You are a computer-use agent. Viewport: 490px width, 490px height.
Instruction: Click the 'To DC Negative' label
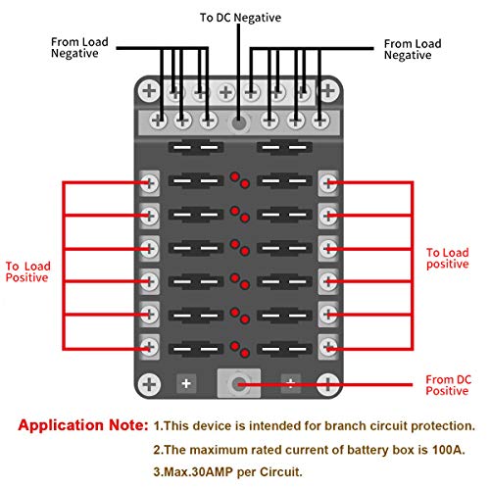click(240, 18)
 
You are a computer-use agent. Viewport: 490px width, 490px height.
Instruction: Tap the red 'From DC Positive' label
click(448, 385)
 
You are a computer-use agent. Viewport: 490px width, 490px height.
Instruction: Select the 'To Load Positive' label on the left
click(27, 271)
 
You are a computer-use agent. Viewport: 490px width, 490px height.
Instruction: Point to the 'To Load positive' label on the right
click(448, 258)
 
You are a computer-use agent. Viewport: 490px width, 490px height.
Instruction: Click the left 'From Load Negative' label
click(79, 48)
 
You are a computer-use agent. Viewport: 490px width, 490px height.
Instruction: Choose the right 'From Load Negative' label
click(413, 49)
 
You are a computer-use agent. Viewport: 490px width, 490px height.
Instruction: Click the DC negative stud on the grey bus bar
click(239, 122)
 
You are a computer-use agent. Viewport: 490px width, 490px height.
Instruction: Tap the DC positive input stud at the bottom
click(239, 383)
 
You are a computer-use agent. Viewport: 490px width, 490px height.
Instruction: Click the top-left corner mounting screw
click(149, 90)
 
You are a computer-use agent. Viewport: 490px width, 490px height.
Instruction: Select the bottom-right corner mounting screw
click(328, 384)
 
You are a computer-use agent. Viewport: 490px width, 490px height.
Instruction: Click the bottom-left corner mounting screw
click(149, 384)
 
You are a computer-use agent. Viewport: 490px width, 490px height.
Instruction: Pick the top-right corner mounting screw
click(328, 90)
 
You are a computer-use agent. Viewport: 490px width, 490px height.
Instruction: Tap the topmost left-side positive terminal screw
click(149, 183)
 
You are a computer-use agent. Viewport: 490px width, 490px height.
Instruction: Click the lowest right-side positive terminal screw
click(328, 347)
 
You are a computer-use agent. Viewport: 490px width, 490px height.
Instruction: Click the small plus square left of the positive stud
click(186, 383)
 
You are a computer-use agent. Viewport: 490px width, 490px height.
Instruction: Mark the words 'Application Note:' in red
click(83, 425)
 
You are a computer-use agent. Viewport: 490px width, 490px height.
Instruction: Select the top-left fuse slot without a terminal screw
click(196, 147)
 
